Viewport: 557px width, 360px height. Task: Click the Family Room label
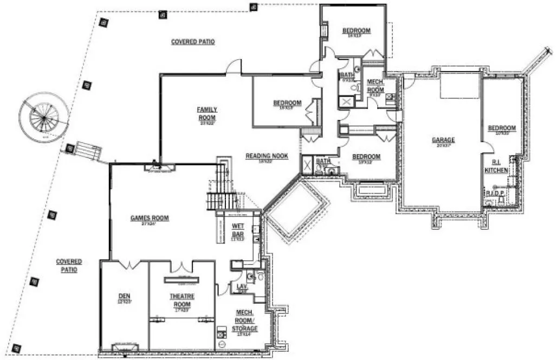(206, 113)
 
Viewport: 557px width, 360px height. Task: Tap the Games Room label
(150, 218)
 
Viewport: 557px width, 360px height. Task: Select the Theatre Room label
(182, 299)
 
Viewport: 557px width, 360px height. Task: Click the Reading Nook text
(267, 156)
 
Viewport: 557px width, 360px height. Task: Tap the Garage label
(443, 140)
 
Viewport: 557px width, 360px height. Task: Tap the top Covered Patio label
(193, 42)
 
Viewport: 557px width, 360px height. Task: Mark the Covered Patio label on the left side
(69, 265)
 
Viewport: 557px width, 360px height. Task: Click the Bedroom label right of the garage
(501, 128)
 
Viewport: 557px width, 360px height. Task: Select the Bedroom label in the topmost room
(356, 31)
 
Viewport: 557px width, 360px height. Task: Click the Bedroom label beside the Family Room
(287, 103)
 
